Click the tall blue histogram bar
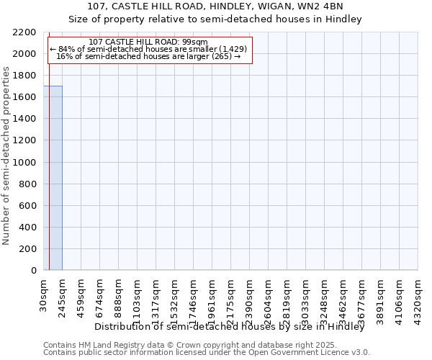point(53,178)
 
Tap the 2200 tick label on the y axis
point(24,32)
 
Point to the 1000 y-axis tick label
point(24,163)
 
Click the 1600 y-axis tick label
point(24,97)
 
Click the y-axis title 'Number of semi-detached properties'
point(7,156)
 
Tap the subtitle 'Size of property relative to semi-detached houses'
point(215,19)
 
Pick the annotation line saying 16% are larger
point(148,56)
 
